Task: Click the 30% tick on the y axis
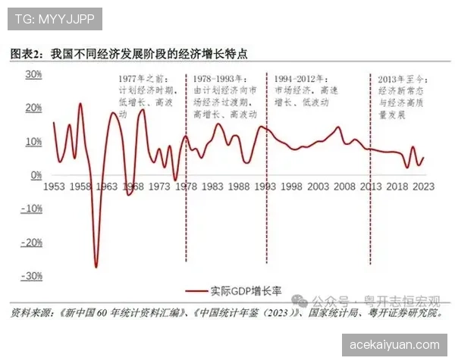coord(33,74)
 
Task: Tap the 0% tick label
coord(36,175)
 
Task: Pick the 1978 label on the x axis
coord(186,187)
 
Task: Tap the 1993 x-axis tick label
coord(265,187)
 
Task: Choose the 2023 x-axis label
coord(424,187)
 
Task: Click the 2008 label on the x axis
coord(344,187)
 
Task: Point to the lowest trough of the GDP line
coord(96,266)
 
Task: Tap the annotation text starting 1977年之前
coord(144,96)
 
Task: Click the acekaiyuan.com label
coord(395,344)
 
